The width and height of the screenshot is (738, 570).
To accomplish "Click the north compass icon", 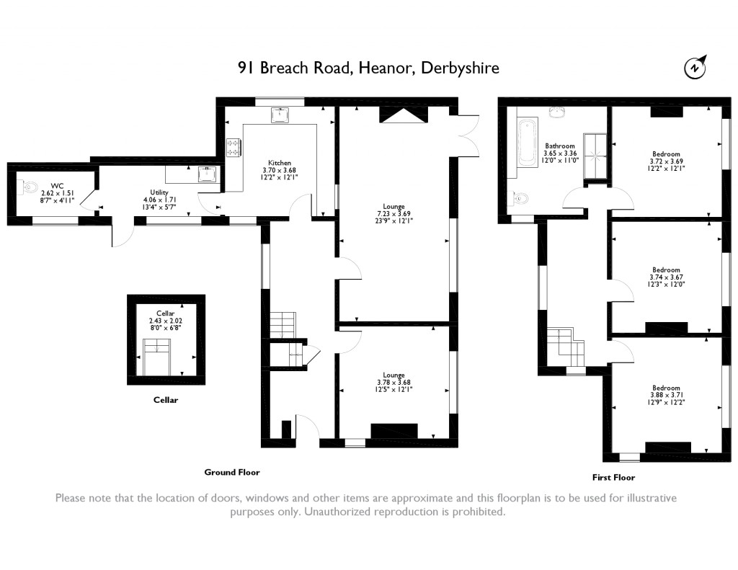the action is (695, 67).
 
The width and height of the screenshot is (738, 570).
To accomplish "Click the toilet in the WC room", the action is (28, 187).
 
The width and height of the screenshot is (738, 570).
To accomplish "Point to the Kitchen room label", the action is (280, 163).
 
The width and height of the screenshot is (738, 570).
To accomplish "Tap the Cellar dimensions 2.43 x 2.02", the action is (166, 321).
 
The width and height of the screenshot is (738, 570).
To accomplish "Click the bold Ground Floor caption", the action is (231, 472).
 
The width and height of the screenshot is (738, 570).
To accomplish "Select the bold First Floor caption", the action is (613, 477).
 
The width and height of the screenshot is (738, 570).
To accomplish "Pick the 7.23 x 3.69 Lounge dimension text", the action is (394, 214).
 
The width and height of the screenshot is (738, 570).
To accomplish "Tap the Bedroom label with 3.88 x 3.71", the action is (666, 387).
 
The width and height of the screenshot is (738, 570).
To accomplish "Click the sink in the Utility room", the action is (208, 174).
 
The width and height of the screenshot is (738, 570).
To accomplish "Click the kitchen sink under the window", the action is (280, 115).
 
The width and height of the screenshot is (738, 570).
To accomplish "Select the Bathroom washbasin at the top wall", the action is (556, 111).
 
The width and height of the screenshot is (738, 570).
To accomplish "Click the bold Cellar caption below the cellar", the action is (165, 400).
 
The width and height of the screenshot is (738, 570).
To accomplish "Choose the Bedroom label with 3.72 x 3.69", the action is (666, 153).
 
